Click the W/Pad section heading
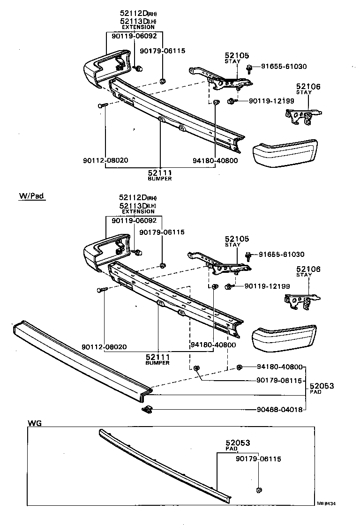coord(32,196)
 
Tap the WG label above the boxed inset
coord(35,423)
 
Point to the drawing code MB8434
coord(326,504)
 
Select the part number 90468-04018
coord(280,409)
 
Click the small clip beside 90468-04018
coord(148,409)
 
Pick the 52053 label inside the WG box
coord(238,442)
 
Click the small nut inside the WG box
coord(259,490)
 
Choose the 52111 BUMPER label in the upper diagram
coord(160,175)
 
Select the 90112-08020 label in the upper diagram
coord(105,160)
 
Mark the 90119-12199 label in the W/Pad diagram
coord(267,286)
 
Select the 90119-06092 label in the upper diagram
coord(134,35)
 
